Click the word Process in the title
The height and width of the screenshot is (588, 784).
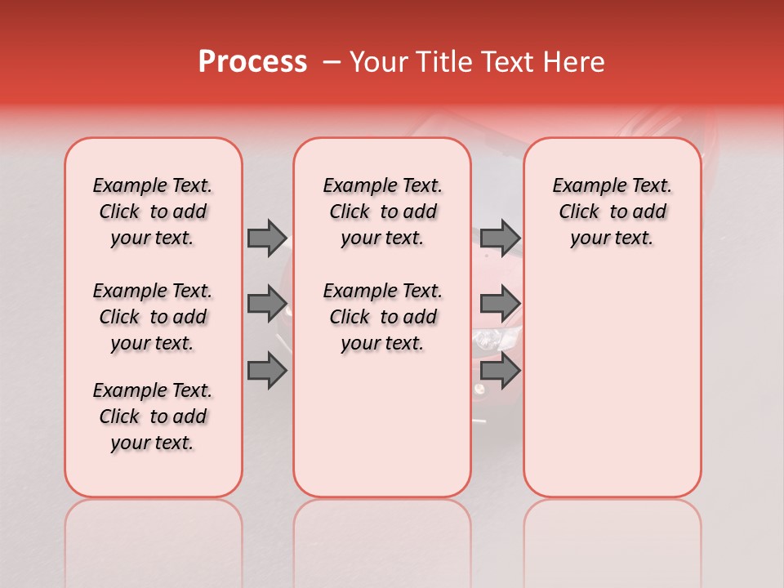click(252, 62)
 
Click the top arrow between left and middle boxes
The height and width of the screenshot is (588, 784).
click(267, 238)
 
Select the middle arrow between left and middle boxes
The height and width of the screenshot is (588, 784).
click(267, 303)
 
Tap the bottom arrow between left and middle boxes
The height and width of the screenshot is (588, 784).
click(267, 371)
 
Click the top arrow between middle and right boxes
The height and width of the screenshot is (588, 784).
click(500, 238)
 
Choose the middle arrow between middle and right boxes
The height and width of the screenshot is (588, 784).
click(500, 303)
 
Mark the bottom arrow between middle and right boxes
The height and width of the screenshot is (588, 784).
click(500, 371)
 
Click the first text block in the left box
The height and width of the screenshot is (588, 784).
click(153, 212)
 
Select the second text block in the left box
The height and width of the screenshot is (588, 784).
click(153, 317)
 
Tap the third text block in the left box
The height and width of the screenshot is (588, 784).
click(153, 416)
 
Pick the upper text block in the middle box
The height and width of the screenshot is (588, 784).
click(382, 212)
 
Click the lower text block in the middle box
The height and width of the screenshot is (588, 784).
click(382, 317)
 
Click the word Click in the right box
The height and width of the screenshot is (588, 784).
click(579, 212)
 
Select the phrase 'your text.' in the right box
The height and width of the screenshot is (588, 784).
click(612, 238)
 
